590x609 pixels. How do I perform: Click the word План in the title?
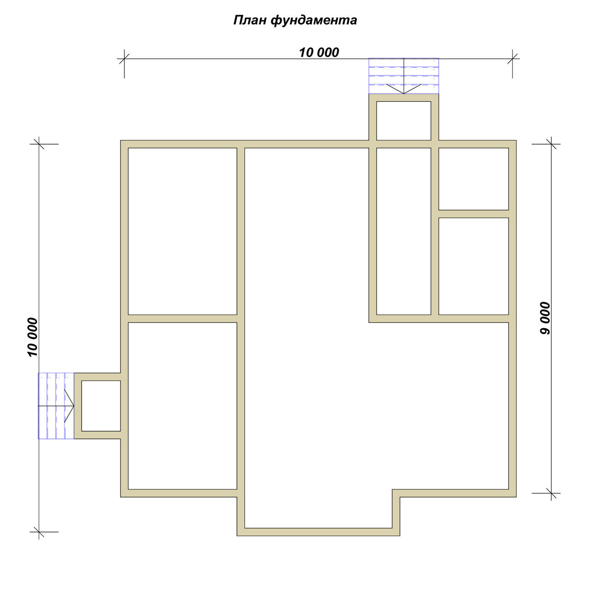pyautogui.click(x=250, y=20)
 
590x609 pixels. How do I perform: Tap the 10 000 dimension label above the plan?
pyautogui.click(x=319, y=53)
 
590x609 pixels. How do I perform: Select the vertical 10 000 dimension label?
pyautogui.click(x=33, y=337)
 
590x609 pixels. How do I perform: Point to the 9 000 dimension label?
pyautogui.click(x=545, y=318)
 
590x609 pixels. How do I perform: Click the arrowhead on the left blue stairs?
pyautogui.click(x=69, y=406)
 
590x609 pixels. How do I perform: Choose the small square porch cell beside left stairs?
pyautogui.click(x=101, y=406)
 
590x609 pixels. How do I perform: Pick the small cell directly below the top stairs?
pyautogui.click(x=404, y=121)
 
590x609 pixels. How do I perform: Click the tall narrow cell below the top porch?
pyautogui.click(x=404, y=231)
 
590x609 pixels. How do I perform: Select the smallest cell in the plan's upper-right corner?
pyautogui.click(x=473, y=179)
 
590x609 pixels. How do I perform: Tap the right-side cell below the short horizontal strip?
pyautogui.click(x=473, y=266)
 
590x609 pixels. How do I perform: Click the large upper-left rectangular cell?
pyautogui.click(x=183, y=231)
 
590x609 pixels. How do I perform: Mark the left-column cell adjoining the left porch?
pyautogui.click(x=183, y=406)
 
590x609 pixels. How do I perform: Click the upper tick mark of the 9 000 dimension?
pyautogui.click(x=551, y=144)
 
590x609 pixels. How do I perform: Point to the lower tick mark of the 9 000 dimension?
pyautogui.click(x=551, y=493)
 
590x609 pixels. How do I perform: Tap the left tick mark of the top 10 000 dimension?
pyautogui.click(x=124, y=59)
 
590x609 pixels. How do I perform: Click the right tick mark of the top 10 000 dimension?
pyautogui.click(x=513, y=59)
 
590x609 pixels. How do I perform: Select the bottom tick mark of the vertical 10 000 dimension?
pyautogui.click(x=39, y=532)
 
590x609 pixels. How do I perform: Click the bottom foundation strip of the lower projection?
pyautogui.click(x=319, y=532)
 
